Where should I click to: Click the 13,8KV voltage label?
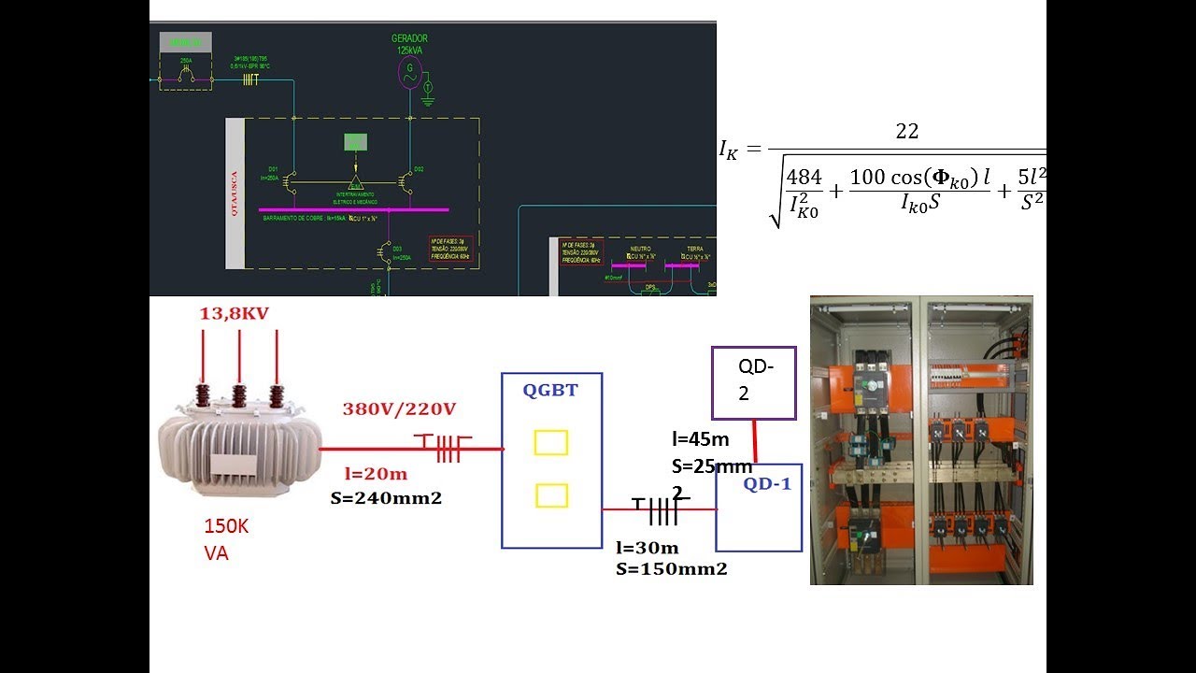tap(234, 314)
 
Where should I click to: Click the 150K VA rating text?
tap(226, 540)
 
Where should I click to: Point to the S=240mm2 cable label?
tap(386, 498)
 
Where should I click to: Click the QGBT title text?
tap(550, 391)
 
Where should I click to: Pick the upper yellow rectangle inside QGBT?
tap(551, 442)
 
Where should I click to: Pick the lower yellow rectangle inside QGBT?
tap(551, 495)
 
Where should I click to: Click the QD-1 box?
tap(759, 508)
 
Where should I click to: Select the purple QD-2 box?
tap(753, 382)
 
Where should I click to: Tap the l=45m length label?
tap(701, 439)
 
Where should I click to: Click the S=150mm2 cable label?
tap(671, 568)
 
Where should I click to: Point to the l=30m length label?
tap(647, 548)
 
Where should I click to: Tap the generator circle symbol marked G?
tap(408, 71)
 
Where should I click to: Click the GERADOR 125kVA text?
tap(409, 43)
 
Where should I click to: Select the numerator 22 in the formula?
tap(906, 132)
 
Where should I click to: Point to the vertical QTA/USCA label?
tap(235, 193)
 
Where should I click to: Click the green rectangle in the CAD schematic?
tap(355, 142)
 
